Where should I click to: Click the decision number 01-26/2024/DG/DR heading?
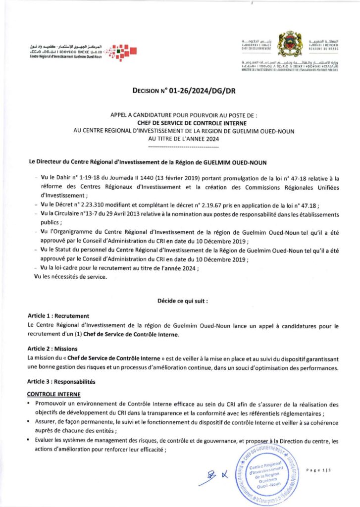click(x=180, y=91)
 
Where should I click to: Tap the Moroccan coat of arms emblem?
click(x=288, y=44)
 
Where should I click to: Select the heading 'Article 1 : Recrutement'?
click(x=58, y=315)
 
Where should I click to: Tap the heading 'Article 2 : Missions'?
click(x=52, y=348)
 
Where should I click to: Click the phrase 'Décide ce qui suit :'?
click(x=183, y=301)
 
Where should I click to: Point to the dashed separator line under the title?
click(x=180, y=147)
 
